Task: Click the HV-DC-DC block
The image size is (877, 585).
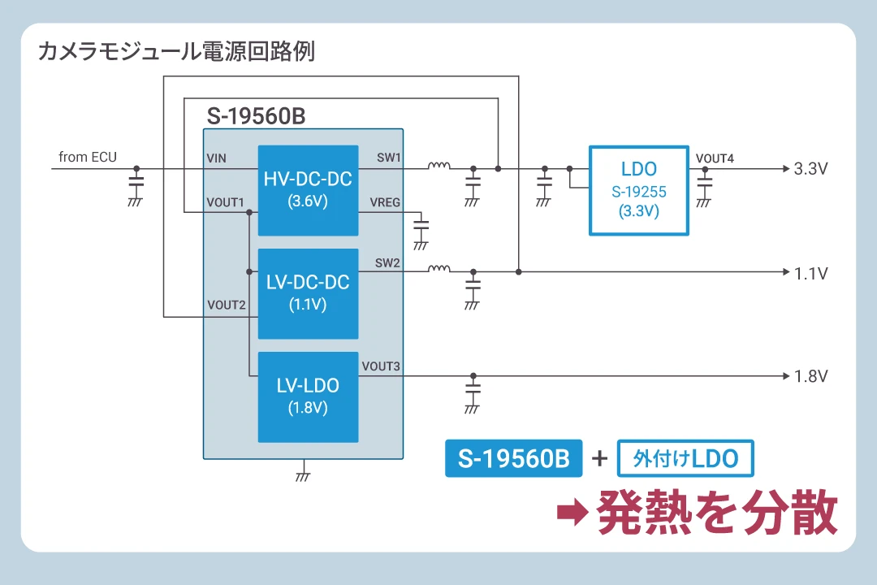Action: pos(308,190)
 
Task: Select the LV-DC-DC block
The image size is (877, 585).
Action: pos(308,292)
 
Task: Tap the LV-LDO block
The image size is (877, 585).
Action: pos(308,396)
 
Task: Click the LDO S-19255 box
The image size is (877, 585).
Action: pos(638,191)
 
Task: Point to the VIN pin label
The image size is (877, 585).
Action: pos(217,158)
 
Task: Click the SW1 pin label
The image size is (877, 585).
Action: pos(388,158)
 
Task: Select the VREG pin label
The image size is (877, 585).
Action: pos(385,202)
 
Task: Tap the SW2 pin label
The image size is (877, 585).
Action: pos(387,262)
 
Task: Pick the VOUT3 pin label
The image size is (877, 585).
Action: pos(381,366)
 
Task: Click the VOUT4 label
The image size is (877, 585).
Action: pos(715,158)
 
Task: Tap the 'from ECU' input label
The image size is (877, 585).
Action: pos(88,157)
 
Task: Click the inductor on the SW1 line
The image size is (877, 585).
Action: pos(438,167)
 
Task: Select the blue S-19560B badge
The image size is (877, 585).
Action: pos(513,458)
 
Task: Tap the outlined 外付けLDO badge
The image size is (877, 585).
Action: pos(685,458)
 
